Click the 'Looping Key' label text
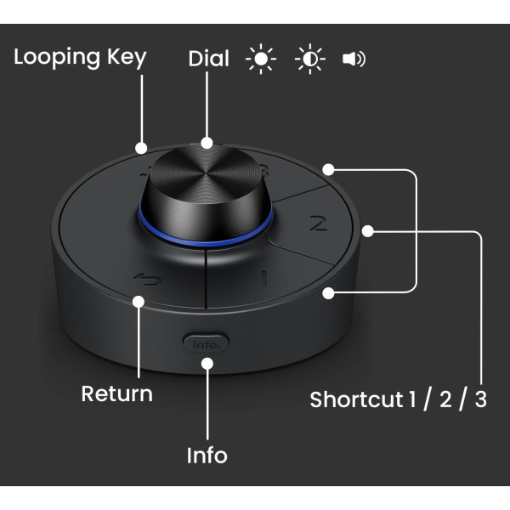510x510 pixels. click(x=80, y=58)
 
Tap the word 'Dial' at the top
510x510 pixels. click(x=209, y=59)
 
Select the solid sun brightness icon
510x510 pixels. click(x=261, y=59)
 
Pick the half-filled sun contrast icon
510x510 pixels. click(x=310, y=59)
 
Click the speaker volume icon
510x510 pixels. click(x=354, y=59)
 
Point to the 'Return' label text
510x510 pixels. click(x=116, y=394)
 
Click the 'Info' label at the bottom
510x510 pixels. click(x=207, y=455)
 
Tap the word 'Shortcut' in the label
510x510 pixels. click(x=356, y=399)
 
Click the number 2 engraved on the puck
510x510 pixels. click(x=318, y=223)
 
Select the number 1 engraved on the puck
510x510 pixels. click(x=264, y=279)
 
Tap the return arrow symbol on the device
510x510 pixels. click(x=148, y=280)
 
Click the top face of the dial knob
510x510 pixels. click(x=206, y=173)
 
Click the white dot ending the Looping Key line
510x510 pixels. click(x=141, y=148)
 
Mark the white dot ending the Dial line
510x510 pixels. click(x=207, y=143)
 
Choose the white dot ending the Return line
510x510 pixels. click(x=139, y=302)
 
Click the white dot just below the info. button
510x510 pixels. click(x=207, y=363)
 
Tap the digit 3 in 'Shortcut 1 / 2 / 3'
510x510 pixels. click(x=481, y=399)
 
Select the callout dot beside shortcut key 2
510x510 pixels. click(x=368, y=231)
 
